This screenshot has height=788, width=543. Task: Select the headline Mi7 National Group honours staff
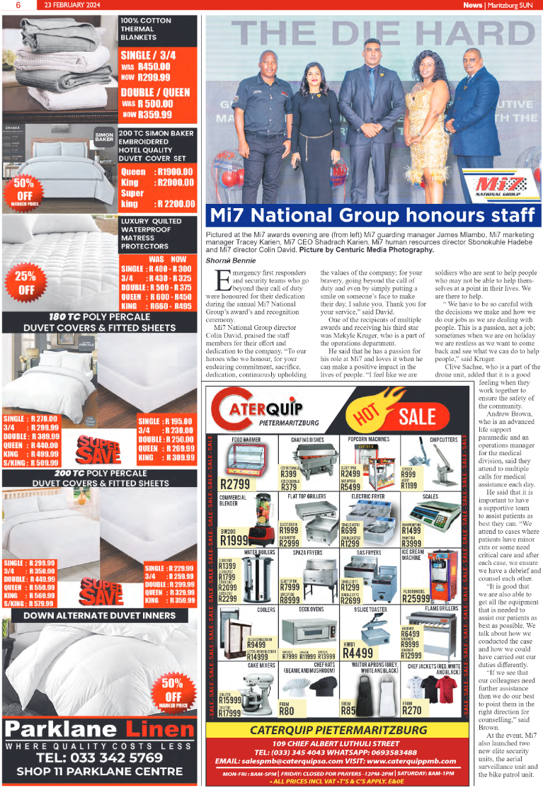click(371, 215)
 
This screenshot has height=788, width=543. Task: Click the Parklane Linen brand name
click(100, 729)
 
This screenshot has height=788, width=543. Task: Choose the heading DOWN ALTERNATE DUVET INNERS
click(100, 615)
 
